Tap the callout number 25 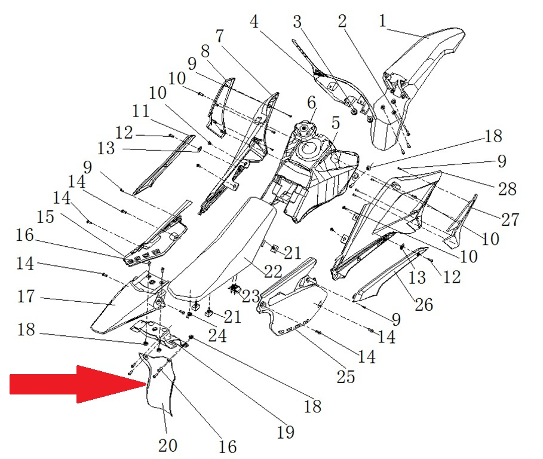(346, 377)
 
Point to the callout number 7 (219, 36)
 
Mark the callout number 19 (286, 432)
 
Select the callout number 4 (255, 23)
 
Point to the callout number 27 (510, 219)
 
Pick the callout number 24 (217, 335)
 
